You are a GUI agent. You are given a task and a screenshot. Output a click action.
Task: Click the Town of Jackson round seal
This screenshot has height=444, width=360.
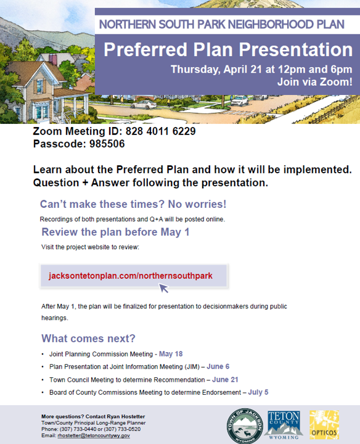(245, 426)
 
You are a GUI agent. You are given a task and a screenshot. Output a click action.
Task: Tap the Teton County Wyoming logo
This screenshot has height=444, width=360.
(284, 425)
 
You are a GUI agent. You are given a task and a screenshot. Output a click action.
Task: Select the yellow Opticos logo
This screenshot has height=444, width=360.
(324, 425)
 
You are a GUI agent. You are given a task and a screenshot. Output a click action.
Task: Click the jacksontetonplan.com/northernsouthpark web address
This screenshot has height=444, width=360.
(131, 276)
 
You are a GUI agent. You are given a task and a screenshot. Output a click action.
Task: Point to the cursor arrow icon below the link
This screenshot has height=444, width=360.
(163, 288)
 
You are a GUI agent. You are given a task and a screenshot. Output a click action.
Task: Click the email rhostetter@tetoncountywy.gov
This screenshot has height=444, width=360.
(94, 435)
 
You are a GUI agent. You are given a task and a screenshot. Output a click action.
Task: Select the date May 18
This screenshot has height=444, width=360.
(171, 354)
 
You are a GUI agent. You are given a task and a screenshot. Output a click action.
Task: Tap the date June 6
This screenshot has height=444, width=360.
(218, 366)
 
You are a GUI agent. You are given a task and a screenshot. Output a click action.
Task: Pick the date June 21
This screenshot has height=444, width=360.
(225, 379)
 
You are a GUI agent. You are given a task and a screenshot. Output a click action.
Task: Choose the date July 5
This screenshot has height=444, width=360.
(258, 392)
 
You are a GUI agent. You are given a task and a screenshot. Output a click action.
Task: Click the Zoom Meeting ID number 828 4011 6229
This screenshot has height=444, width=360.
(160, 131)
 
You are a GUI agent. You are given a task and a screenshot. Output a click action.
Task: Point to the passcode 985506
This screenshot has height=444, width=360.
(107, 144)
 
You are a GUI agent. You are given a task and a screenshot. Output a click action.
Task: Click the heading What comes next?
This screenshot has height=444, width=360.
(88, 339)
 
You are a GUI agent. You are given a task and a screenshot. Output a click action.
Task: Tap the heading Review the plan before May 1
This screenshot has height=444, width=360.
(115, 232)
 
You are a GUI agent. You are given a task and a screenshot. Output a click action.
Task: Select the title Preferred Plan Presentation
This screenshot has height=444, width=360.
(228, 49)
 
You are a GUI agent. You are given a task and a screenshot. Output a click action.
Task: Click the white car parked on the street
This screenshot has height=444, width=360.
(144, 104)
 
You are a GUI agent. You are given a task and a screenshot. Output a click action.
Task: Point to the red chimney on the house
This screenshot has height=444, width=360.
(52, 59)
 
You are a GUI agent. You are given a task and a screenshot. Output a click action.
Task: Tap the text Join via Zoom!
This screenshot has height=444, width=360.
(315, 82)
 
